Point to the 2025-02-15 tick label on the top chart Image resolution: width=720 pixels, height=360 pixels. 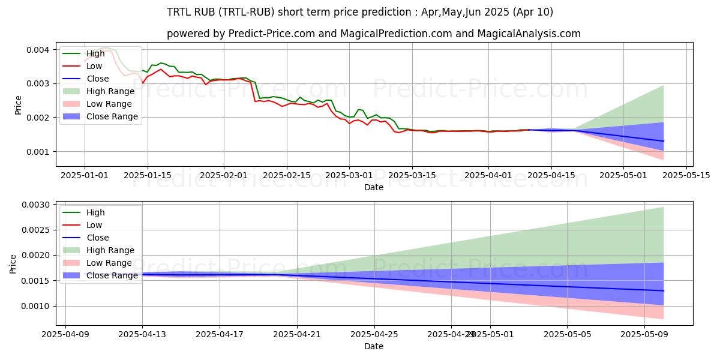(287, 175)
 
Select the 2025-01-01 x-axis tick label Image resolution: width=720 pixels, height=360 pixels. (85, 175)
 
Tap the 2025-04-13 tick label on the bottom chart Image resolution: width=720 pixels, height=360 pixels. (142, 335)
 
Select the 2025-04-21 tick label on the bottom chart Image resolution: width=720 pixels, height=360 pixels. (297, 335)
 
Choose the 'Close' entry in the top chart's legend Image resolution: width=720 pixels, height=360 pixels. (98, 79)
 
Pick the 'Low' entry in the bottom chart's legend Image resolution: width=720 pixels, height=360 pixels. (94, 225)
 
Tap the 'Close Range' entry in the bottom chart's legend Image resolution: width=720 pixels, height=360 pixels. (112, 275)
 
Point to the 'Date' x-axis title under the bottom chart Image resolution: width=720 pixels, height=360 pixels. (374, 346)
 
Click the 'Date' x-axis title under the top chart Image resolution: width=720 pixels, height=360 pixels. (374, 187)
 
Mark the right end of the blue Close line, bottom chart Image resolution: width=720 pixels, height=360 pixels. (664, 290)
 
